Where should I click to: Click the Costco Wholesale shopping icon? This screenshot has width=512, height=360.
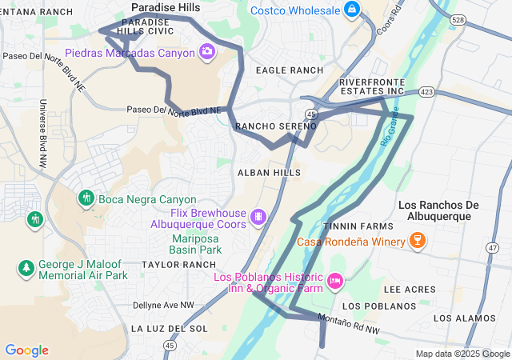351,10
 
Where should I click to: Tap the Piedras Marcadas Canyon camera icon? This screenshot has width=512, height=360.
207,52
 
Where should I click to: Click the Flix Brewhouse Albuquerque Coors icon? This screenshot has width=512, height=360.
258,217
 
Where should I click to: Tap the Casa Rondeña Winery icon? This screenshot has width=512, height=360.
416,240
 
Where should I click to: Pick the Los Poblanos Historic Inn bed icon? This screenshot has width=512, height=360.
335,281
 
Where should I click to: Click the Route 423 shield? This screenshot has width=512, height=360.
427,93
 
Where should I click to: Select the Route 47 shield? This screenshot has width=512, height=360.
491,249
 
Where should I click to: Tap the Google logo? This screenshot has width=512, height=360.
26,350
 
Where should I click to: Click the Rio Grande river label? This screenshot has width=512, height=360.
389,134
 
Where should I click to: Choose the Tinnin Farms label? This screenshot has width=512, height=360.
348,226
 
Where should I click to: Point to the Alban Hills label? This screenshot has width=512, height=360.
269,173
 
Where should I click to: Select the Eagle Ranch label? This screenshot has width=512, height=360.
289,70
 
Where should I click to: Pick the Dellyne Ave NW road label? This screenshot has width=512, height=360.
164,305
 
